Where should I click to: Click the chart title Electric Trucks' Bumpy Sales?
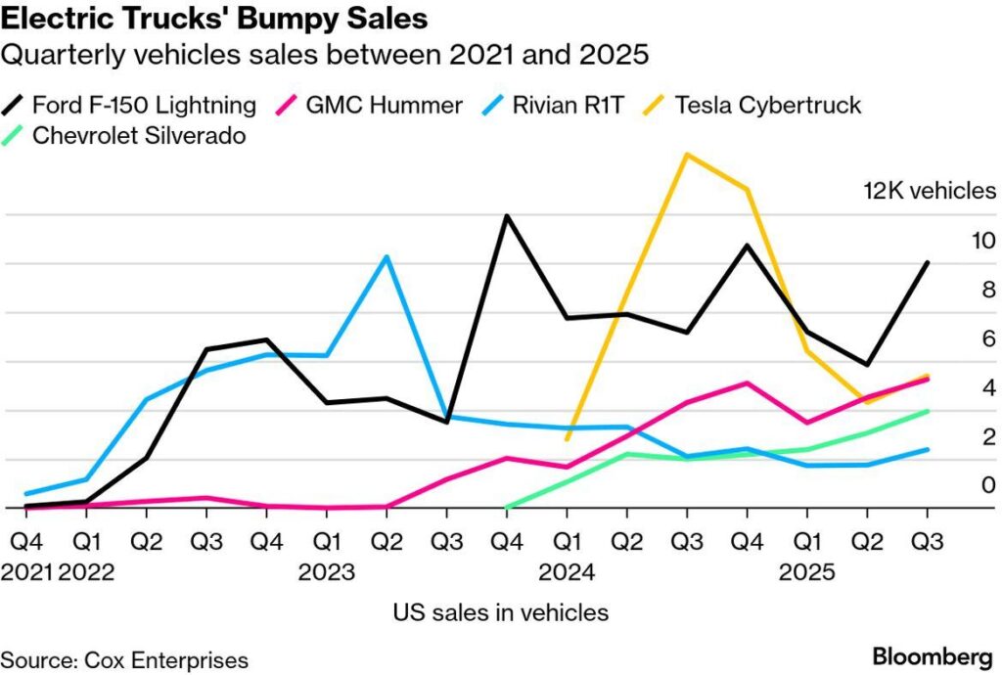(x=214, y=19)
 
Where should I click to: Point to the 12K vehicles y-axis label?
(x=929, y=191)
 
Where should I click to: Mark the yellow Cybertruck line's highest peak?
(x=687, y=155)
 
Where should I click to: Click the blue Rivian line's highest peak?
(x=387, y=256)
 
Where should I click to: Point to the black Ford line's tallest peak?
(x=507, y=215)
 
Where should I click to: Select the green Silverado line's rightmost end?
(x=928, y=411)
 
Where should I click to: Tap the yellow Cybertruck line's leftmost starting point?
(x=567, y=439)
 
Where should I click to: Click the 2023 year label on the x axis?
(x=327, y=571)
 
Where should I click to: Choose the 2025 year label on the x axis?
(x=807, y=571)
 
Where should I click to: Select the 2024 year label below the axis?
(x=568, y=571)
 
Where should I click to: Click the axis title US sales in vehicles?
(x=501, y=613)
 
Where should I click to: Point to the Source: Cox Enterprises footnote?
(x=124, y=659)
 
